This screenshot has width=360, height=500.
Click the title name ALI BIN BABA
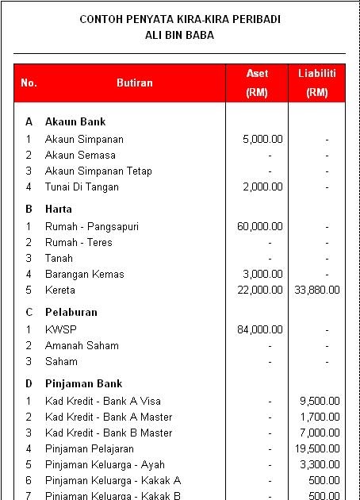coord(180,35)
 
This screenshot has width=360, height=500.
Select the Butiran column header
coord(135,83)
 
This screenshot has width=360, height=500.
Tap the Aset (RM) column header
coord(257,83)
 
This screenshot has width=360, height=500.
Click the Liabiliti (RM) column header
coord(316,83)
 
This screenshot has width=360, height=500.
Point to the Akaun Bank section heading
coord(75,121)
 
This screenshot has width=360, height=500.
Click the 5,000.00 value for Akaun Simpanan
coord(262,139)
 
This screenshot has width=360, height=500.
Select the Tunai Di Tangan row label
coord(82,187)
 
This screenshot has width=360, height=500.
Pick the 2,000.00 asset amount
coord(262,187)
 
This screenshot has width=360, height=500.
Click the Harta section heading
coord(59,209)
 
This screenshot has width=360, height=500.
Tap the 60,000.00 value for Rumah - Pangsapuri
coord(260,226)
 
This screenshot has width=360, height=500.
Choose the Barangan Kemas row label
coord(85,274)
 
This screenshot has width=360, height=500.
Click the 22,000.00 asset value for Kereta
coord(260,290)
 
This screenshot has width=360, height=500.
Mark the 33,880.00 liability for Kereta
coord(316,290)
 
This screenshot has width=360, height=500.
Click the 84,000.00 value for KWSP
coord(260,328)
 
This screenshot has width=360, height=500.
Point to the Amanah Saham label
coord(82,345)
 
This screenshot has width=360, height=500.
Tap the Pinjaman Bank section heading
coord(83,383)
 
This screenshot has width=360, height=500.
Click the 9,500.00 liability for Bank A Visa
coord(320,401)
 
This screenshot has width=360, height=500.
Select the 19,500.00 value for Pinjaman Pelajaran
coord(318,448)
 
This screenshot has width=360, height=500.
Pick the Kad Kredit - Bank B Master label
coord(109,433)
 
